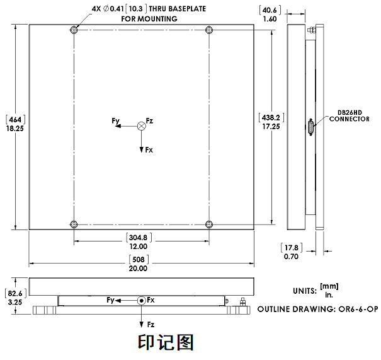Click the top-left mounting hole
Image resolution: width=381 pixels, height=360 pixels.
click(x=75, y=30)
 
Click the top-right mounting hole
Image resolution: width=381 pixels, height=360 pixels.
click(x=208, y=30)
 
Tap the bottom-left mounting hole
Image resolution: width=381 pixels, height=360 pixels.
click(x=75, y=224)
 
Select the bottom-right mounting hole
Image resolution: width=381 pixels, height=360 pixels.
click(x=208, y=224)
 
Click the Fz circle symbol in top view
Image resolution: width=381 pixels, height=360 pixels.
click(x=141, y=126)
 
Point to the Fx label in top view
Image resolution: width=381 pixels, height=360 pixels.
click(x=149, y=151)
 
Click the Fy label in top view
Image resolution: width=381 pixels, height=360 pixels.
click(x=116, y=120)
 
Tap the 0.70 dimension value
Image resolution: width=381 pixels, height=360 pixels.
click(x=291, y=257)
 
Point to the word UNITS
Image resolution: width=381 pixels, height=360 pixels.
click(x=305, y=291)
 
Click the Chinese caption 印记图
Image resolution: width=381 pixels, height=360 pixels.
click(x=166, y=343)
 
